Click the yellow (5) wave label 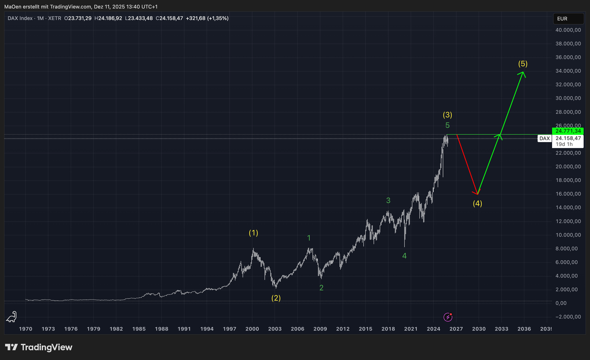pyautogui.click(x=523, y=64)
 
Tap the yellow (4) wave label pyautogui.click(x=477, y=203)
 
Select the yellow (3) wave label pyautogui.click(x=447, y=115)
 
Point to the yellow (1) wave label pyautogui.click(x=253, y=233)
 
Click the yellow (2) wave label pyautogui.click(x=276, y=298)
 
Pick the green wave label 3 pyautogui.click(x=388, y=200)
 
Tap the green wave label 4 pyautogui.click(x=404, y=256)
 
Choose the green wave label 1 pyautogui.click(x=309, y=238)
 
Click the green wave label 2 pyautogui.click(x=321, y=288)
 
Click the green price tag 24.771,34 pyautogui.click(x=568, y=131)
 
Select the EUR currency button pyautogui.click(x=562, y=19)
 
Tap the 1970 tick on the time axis pyautogui.click(x=26, y=329)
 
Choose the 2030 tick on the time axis pyautogui.click(x=479, y=329)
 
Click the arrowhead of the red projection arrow pyautogui.click(x=476, y=192)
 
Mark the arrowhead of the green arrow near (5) pyautogui.click(x=524, y=73)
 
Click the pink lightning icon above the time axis pyautogui.click(x=448, y=317)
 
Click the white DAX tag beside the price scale pyautogui.click(x=544, y=139)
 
